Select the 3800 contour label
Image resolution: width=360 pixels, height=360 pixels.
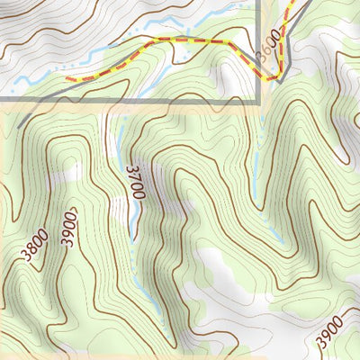37,247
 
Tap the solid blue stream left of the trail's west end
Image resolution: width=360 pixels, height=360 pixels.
36,82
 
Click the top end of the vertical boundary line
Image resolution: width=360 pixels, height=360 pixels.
260,2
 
